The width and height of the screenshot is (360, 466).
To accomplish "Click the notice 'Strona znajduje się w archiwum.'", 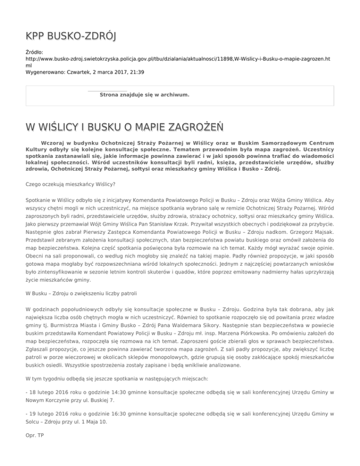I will (x=144, y=95).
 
